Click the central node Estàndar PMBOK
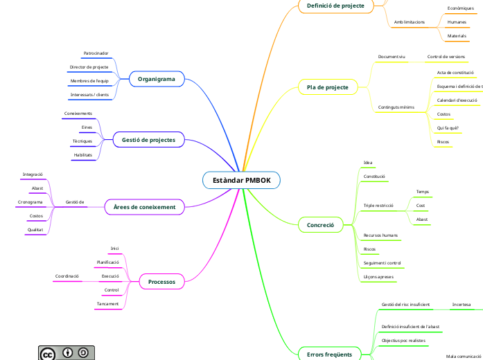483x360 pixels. [241, 180]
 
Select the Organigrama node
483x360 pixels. [156, 80]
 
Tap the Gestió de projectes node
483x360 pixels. [148, 140]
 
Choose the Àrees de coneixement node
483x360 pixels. [144, 206]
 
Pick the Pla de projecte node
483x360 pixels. [327, 87]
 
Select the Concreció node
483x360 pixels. [320, 225]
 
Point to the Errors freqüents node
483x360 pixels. [329, 354]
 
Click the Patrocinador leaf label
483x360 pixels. [96, 53]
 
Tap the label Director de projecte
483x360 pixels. [89, 67]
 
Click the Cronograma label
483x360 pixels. [30, 202]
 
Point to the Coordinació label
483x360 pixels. [67, 276]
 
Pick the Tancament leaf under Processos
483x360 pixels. [107, 304]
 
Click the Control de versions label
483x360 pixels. [446, 56]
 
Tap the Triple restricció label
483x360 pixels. [378, 206]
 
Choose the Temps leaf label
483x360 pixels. [422, 192]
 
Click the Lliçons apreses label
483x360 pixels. [378, 277]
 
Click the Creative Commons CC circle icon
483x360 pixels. [48, 354]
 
